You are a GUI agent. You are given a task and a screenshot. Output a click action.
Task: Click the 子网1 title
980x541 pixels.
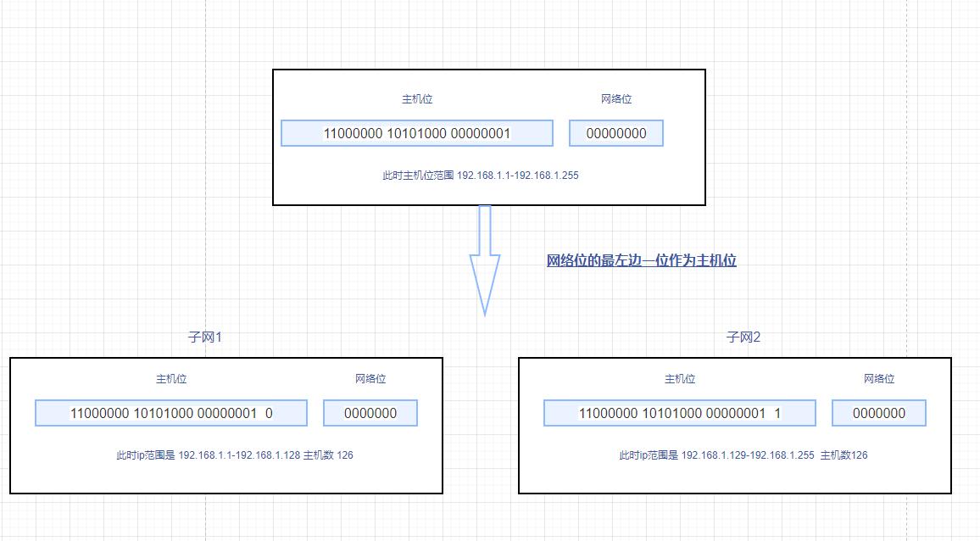tap(204, 337)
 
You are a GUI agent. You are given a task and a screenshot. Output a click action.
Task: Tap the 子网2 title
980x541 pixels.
tap(743, 337)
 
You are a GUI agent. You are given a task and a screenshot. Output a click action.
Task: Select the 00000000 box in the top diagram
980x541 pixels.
tap(616, 133)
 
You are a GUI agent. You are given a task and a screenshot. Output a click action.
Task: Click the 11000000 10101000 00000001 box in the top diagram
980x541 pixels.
tap(416, 133)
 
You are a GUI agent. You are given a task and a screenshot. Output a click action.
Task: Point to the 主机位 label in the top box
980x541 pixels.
tap(417, 99)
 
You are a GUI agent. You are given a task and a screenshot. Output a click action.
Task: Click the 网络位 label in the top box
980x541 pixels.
tap(616, 99)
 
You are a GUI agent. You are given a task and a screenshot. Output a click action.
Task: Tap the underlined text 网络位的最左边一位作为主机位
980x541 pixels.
tap(641, 260)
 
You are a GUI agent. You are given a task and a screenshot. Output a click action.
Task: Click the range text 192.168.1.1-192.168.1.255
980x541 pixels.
tap(517, 176)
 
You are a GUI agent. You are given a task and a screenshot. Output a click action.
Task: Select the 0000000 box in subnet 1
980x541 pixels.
tap(370, 413)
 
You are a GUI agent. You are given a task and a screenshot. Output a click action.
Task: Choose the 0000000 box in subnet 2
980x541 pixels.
tap(879, 413)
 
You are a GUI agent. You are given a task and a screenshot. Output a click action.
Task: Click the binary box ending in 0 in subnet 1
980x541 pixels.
tap(171, 413)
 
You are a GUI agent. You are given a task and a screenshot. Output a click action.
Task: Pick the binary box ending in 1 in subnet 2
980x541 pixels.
tap(680, 413)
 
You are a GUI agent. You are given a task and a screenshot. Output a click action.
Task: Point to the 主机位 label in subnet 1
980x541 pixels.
tap(171, 379)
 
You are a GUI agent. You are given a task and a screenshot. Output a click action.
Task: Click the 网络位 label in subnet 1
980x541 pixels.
tap(370, 379)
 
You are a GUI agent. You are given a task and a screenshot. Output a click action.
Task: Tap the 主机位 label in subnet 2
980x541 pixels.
tap(680, 379)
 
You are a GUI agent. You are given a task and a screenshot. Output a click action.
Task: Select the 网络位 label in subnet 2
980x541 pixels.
tap(879, 379)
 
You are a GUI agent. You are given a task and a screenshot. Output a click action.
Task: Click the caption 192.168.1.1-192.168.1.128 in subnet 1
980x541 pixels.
tap(239, 455)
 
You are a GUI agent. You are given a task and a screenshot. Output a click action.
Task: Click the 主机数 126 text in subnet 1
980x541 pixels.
tap(329, 455)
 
